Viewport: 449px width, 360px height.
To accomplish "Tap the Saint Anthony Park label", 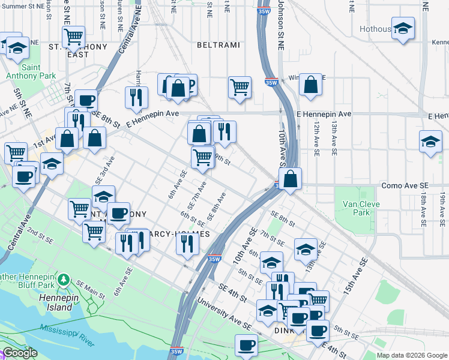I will click(x=31, y=71).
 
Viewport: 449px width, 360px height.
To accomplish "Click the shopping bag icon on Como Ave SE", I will click(x=290, y=179).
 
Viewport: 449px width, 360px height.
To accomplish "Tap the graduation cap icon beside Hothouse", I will click(x=403, y=28).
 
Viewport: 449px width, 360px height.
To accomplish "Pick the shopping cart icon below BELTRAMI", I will click(x=240, y=86).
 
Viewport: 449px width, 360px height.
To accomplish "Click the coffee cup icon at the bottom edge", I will click(x=246, y=346).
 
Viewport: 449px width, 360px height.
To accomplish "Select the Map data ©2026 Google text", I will click(x=412, y=355).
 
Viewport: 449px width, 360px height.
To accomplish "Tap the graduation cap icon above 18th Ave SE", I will click(x=430, y=142).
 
